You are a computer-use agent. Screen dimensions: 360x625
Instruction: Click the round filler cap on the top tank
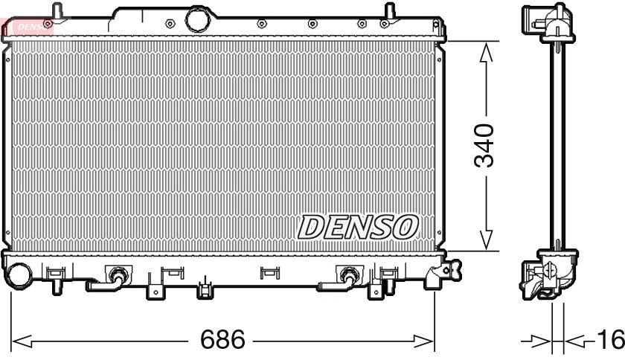point(199,18)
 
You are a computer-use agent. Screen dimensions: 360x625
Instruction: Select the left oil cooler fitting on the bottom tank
point(116,275)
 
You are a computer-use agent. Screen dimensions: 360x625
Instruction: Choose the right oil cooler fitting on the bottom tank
point(347,275)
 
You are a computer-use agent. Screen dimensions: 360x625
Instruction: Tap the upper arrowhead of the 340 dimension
point(486,51)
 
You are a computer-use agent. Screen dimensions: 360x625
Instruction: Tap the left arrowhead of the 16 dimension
point(547,341)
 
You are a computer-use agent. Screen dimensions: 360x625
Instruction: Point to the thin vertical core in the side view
point(555,149)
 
